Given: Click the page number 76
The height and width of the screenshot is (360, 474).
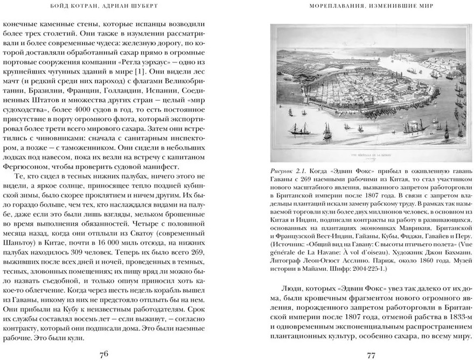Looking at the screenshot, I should click(x=104, y=354).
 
